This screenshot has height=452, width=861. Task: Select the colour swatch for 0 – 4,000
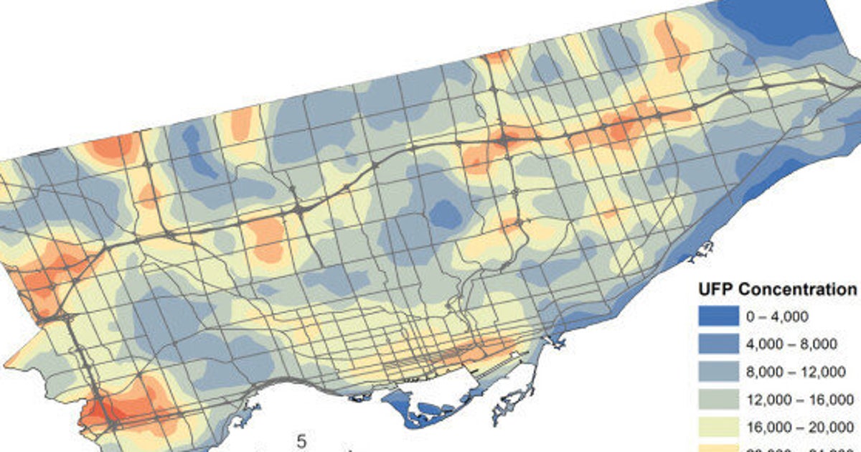pyautogui.click(x=719, y=316)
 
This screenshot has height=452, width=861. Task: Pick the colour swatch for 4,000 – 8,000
pyautogui.click(x=719, y=344)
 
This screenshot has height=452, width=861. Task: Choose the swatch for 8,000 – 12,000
pyautogui.click(x=719, y=372)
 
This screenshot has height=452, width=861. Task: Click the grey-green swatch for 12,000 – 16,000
pyautogui.click(x=719, y=399)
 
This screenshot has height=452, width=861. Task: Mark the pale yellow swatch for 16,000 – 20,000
pyautogui.click(x=719, y=426)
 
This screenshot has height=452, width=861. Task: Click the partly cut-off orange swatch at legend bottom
pyautogui.click(x=719, y=448)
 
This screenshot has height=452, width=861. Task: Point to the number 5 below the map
pyautogui.click(x=301, y=441)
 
